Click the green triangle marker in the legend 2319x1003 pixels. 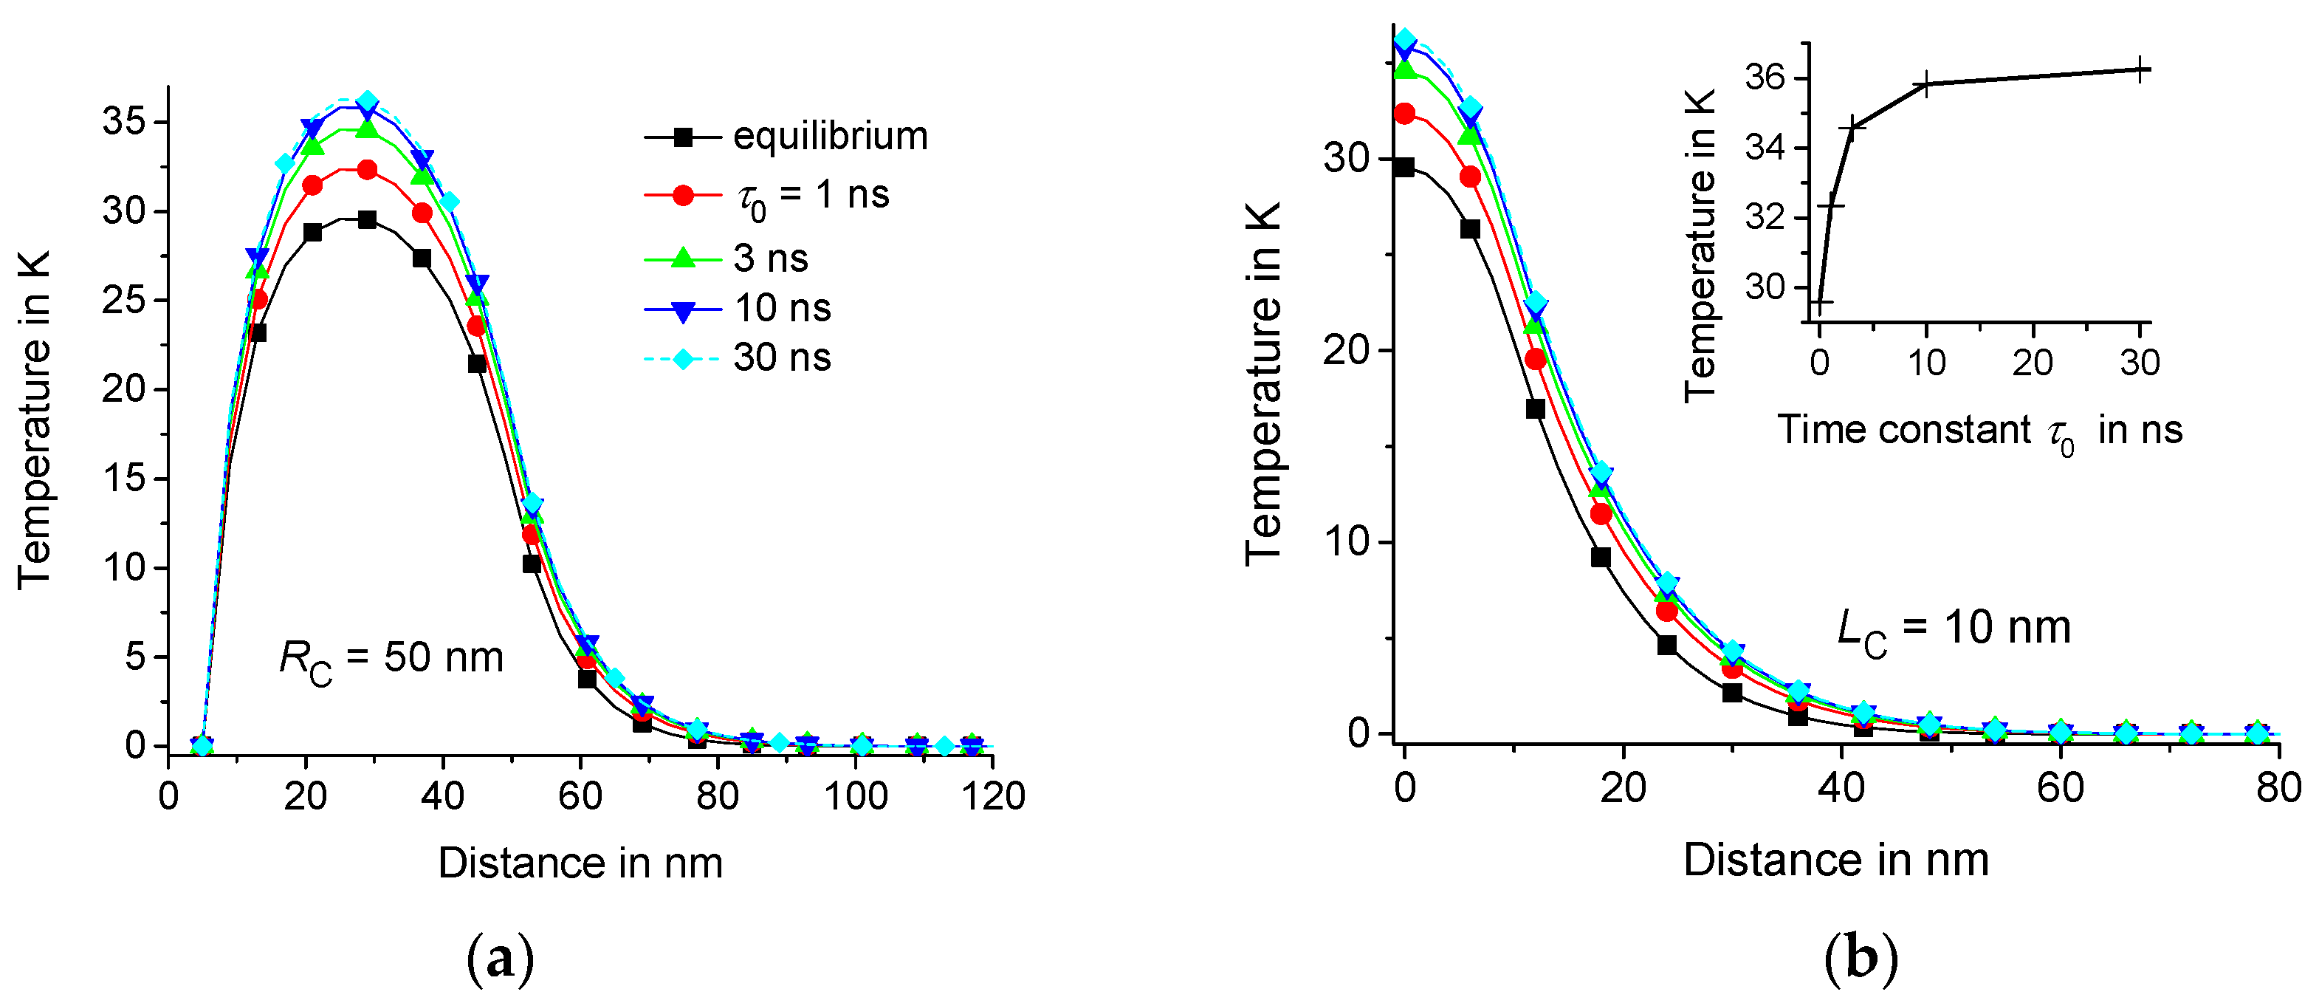[x=683, y=259]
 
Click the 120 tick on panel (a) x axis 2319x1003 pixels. [x=992, y=797]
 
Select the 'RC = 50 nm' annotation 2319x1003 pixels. [x=391, y=659]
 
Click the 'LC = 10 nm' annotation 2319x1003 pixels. [x=1954, y=629]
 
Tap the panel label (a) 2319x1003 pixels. [x=501, y=959]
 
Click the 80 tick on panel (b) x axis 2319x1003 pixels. [x=2278, y=789]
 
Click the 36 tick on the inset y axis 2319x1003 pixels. [x=1765, y=78]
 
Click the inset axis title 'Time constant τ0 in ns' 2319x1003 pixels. [x=1979, y=431]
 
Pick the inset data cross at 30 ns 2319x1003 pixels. [x=2142, y=69]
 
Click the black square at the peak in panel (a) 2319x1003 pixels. [x=367, y=219]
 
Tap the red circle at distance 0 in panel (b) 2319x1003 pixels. [x=1404, y=114]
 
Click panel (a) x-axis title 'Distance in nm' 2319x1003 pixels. [x=580, y=863]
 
